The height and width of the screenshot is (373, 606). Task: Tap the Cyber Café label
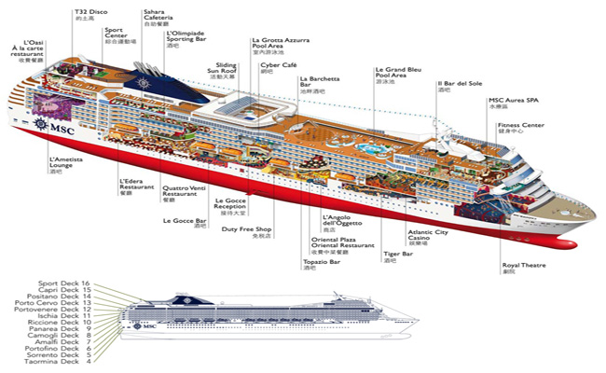click(277, 67)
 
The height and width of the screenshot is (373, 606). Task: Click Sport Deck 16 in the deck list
click(65, 283)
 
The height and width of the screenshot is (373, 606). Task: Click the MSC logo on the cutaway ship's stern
click(43, 125)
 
